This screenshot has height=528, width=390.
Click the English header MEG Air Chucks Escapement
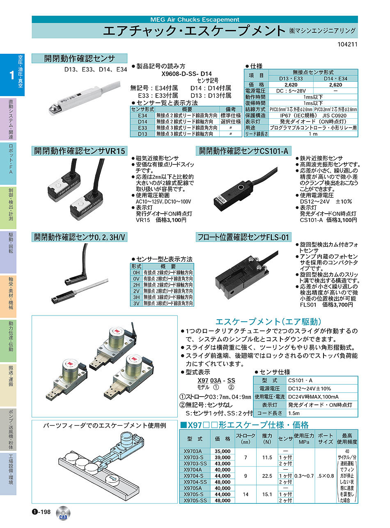coord(195,19)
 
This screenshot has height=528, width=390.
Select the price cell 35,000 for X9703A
coord(223,451)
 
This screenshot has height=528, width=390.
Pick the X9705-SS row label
coord(194,500)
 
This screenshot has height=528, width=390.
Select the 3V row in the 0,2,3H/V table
coord(136,303)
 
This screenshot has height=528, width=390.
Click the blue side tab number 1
coord(11,75)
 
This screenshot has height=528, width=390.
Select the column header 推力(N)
coord(267,438)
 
